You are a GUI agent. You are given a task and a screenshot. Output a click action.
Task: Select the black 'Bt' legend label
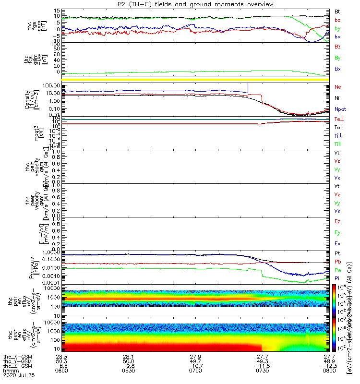tap(338, 11)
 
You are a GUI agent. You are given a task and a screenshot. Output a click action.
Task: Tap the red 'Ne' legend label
tap(338, 87)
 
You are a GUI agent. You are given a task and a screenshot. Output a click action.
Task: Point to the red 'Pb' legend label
tap(338, 262)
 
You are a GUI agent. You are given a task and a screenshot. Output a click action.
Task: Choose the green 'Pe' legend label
tap(338, 270)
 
